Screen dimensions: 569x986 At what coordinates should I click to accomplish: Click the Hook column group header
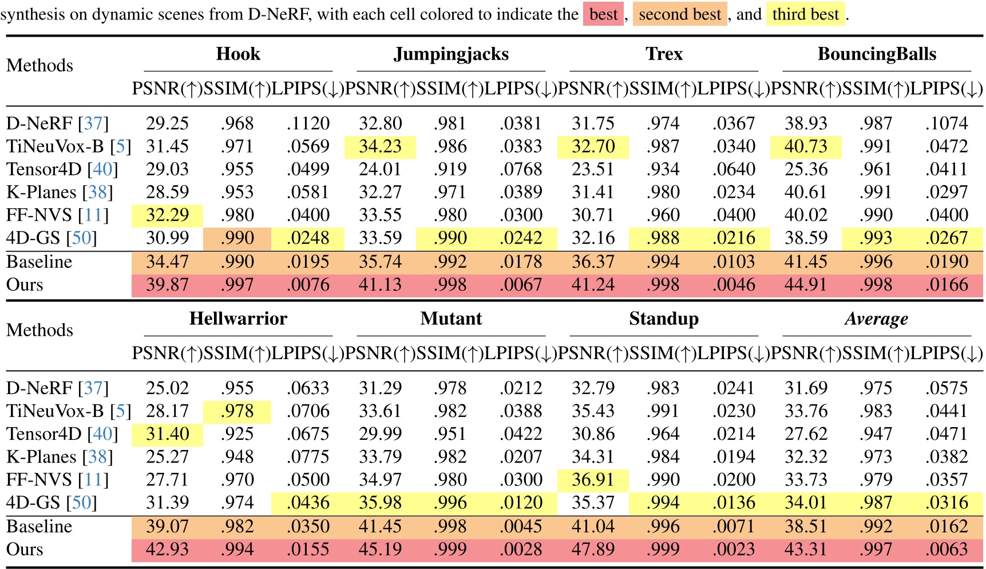click(238, 54)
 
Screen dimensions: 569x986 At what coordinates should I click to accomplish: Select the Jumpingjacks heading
click(451, 54)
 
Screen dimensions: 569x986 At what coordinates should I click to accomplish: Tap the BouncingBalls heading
click(877, 54)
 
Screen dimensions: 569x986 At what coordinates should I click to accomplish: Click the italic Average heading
click(876, 319)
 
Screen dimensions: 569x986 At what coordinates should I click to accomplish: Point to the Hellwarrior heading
click(238, 319)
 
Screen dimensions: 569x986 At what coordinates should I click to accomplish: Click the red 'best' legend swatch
click(603, 14)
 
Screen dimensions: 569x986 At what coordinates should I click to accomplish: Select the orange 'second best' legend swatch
click(679, 14)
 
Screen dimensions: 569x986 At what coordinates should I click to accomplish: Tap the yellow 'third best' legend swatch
click(805, 14)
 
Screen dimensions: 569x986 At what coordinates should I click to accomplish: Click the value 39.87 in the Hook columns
click(167, 285)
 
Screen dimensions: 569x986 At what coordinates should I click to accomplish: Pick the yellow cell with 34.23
click(380, 146)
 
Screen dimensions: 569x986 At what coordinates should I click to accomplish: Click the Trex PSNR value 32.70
click(593, 146)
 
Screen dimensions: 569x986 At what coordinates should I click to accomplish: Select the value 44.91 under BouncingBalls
click(806, 285)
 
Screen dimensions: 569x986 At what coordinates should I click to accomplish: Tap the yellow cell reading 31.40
click(167, 434)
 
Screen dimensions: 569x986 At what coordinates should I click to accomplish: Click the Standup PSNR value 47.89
click(593, 550)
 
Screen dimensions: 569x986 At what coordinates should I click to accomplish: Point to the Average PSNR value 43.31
click(806, 550)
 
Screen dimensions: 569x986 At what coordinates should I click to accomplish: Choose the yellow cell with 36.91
click(593, 480)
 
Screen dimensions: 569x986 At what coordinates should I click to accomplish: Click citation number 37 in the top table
click(93, 124)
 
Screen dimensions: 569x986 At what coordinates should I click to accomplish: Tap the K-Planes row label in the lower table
click(41, 457)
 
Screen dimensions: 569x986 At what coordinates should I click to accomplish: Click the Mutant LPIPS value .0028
click(521, 550)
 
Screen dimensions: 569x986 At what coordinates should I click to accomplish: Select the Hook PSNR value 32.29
click(167, 215)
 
